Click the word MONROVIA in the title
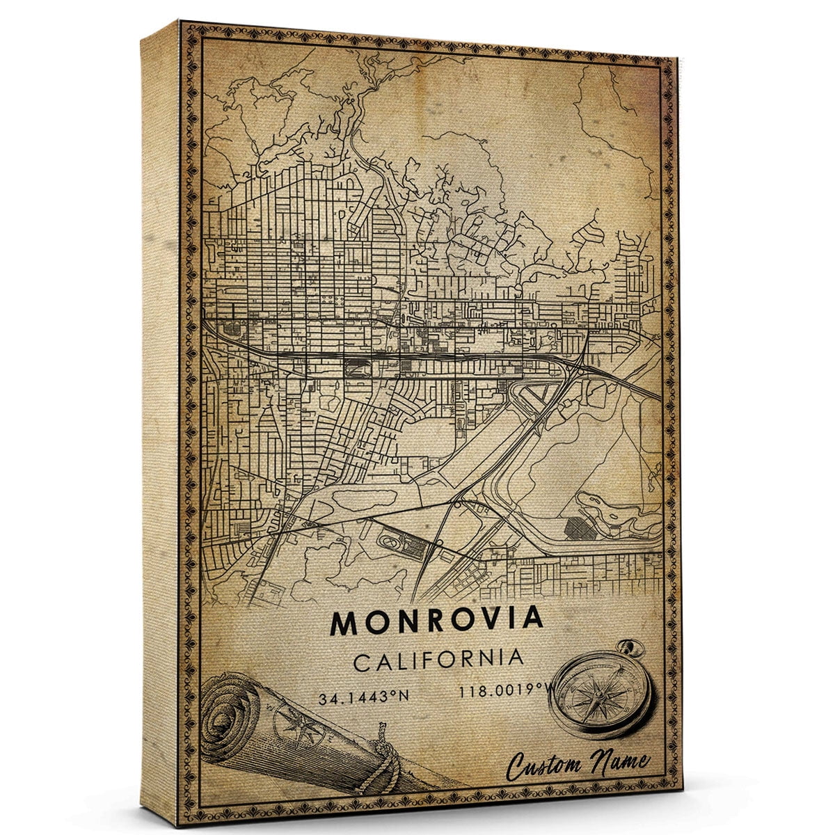coord(436,621)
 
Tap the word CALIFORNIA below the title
coord(438,660)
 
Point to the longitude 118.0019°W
coord(499,691)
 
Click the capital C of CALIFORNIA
coord(362,662)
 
